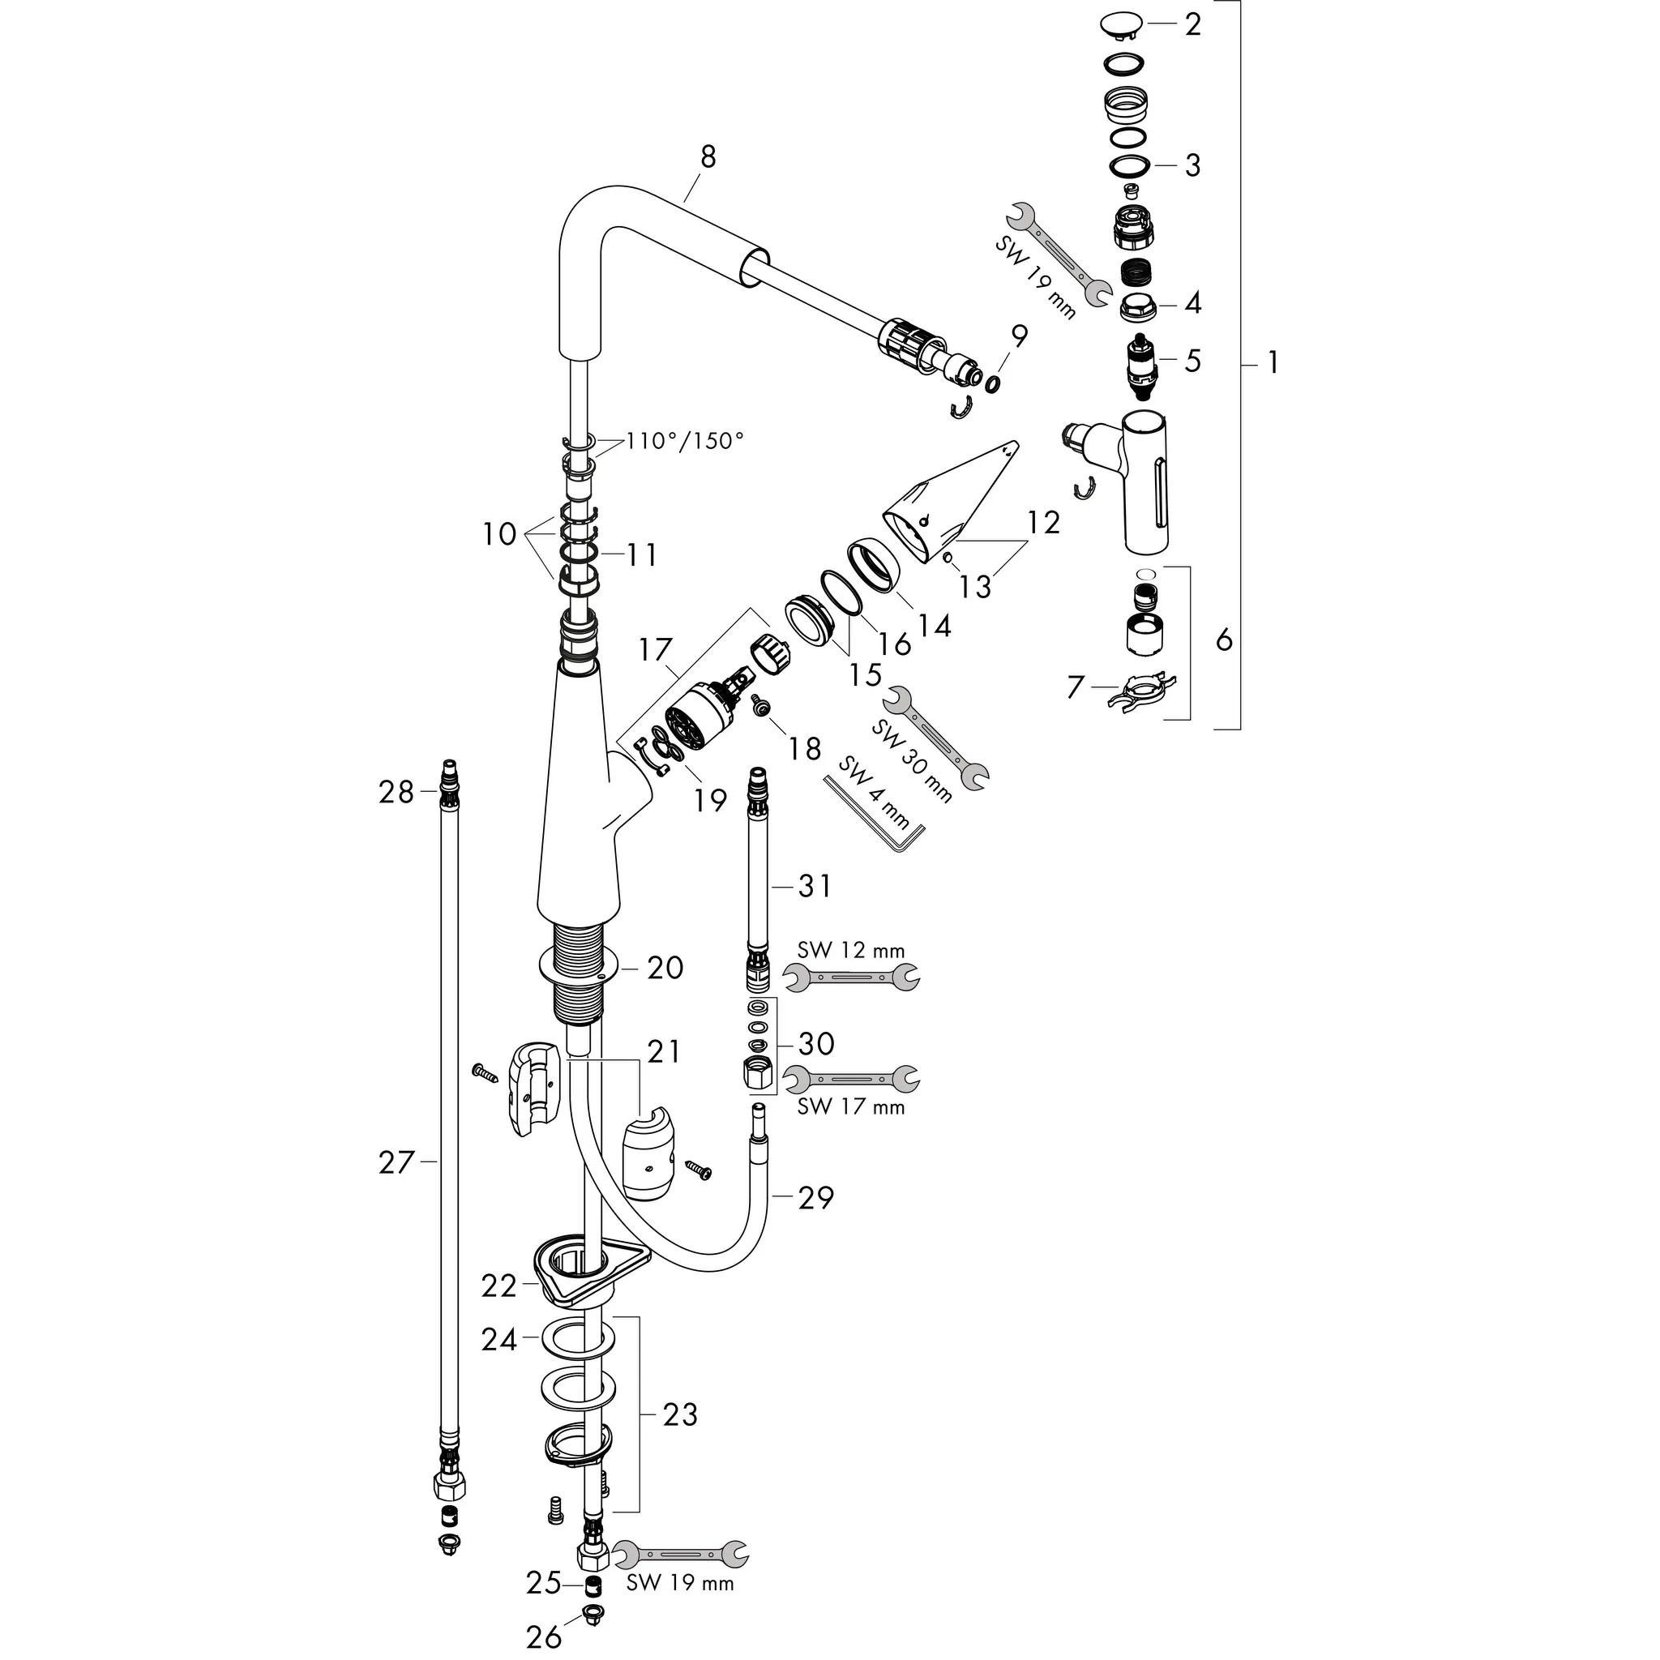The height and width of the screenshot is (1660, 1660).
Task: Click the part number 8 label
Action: tap(707, 157)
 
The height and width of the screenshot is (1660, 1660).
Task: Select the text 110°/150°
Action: tap(685, 441)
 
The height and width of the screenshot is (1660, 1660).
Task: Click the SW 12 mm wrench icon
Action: tap(854, 976)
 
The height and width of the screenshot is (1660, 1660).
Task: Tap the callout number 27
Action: tap(396, 1162)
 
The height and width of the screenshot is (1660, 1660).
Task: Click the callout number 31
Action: tap(815, 885)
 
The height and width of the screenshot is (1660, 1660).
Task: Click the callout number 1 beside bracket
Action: tap(1273, 362)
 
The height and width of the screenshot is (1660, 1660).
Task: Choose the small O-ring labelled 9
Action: tap(993, 383)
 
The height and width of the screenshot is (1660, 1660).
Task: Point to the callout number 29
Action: tap(815, 1196)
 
